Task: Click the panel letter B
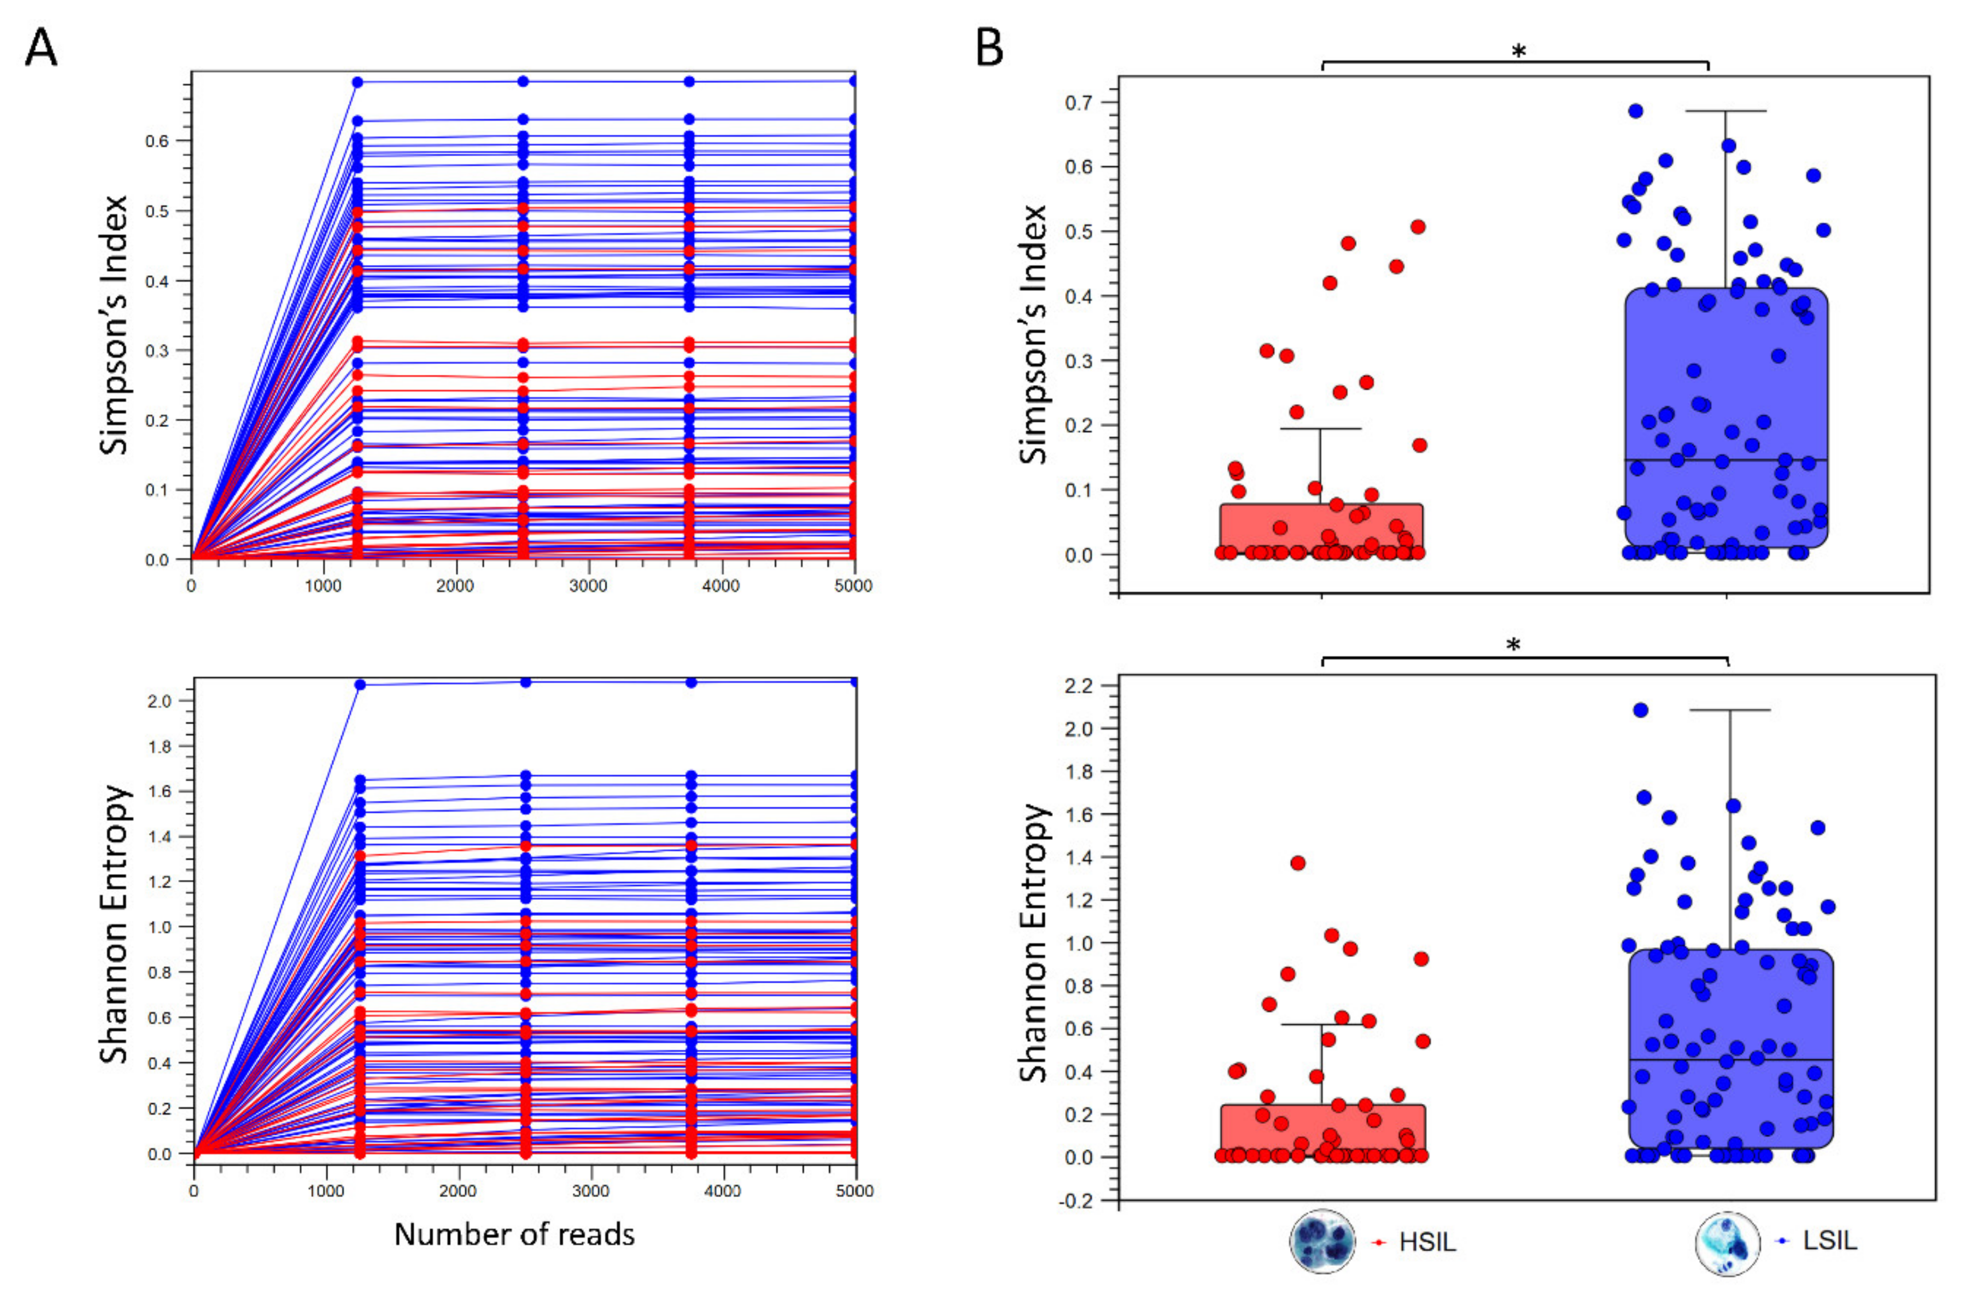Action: [x=989, y=48]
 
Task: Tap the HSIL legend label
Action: [x=1427, y=1242]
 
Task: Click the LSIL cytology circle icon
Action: [x=1727, y=1243]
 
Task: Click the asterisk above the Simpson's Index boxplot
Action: [x=1518, y=52]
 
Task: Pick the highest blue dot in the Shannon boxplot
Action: [x=1639, y=710]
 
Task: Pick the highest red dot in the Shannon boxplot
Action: [x=1298, y=863]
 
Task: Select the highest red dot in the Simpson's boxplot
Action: [x=1418, y=227]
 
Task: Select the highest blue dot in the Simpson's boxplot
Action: [x=1635, y=111]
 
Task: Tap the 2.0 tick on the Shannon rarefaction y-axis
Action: [x=160, y=701]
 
